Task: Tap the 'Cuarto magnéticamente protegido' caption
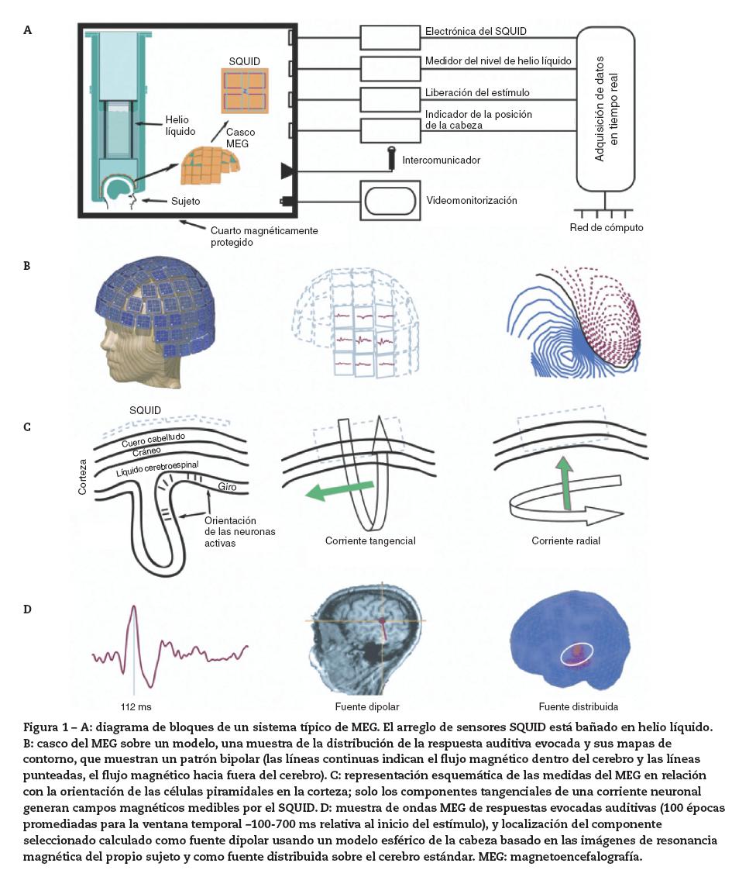pyautogui.click(x=263, y=236)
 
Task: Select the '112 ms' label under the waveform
pyautogui.click(x=135, y=707)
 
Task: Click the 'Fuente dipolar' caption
pyautogui.click(x=367, y=707)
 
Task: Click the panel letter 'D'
pyautogui.click(x=28, y=609)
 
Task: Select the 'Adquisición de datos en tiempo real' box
pyautogui.click(x=605, y=109)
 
